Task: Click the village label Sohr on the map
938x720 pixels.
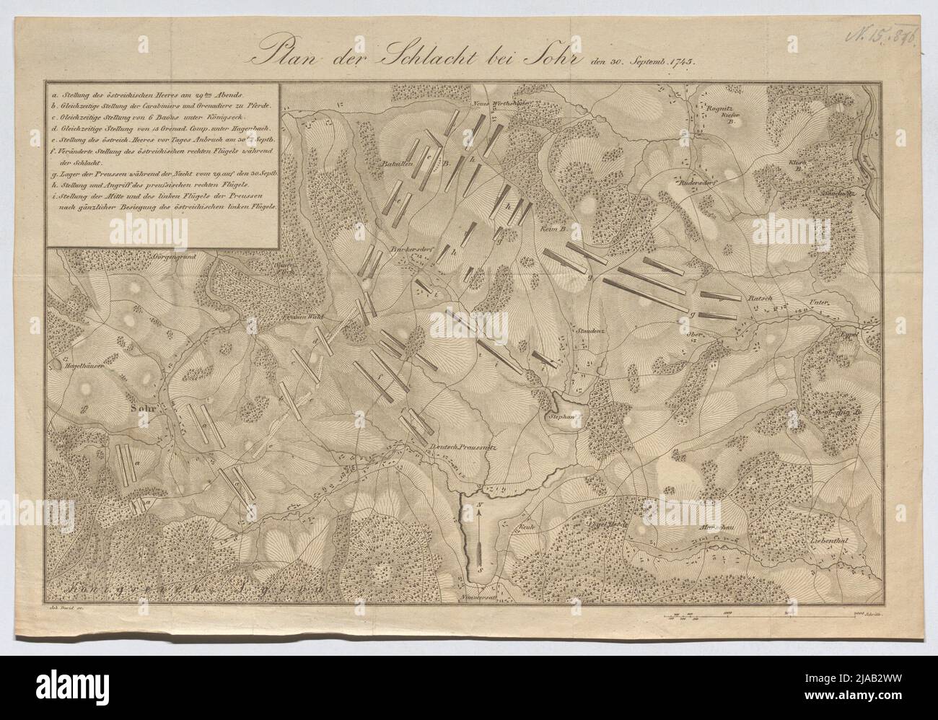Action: click(x=143, y=406)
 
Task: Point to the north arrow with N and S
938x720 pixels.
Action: click(x=477, y=535)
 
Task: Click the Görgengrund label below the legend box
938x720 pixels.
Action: click(x=172, y=257)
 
